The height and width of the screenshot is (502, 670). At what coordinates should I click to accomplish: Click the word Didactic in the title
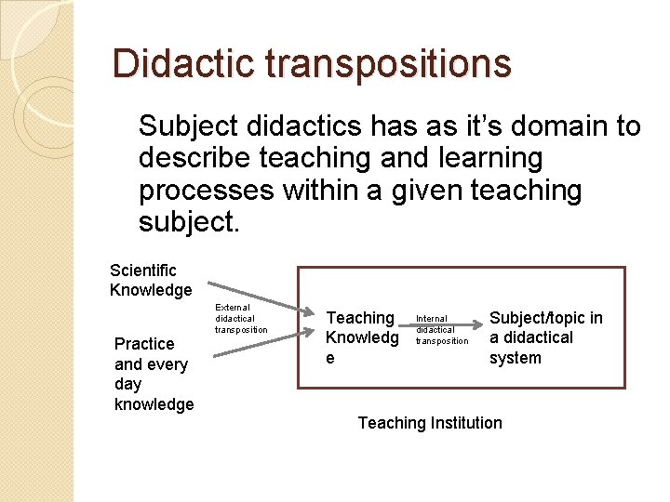(183, 64)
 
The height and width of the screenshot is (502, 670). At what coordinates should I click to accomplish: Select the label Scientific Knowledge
(151, 280)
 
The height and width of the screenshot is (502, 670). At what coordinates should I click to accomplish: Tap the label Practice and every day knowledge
(154, 374)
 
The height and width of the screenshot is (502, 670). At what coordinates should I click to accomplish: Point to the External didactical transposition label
(241, 318)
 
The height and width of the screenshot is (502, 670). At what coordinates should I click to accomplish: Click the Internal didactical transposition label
(442, 329)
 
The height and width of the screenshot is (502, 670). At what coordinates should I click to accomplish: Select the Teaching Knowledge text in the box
(361, 337)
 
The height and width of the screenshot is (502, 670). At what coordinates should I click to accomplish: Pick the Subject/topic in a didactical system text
(545, 337)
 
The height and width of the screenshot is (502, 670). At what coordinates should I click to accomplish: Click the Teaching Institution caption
(430, 423)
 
